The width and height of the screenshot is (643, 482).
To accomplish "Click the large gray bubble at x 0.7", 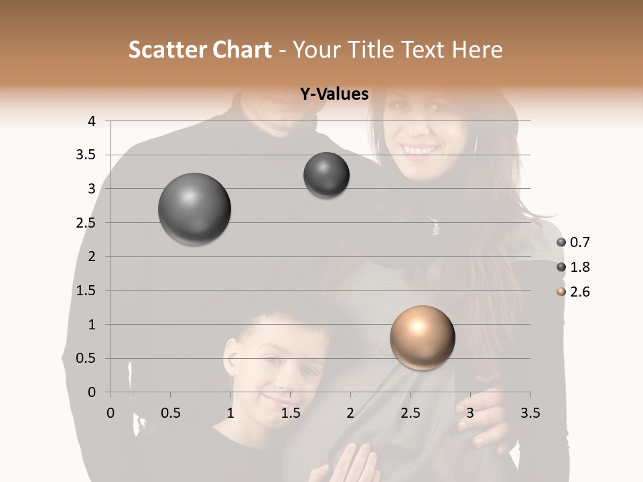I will [194, 209].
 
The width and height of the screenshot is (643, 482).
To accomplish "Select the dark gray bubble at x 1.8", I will [326, 175].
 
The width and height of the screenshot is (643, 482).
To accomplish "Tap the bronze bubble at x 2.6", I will [422, 337].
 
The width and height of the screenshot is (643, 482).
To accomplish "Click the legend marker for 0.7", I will [561, 242].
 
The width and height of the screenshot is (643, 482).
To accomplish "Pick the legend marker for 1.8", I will [561, 267].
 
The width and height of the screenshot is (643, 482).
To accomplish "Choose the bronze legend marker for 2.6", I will [561, 292].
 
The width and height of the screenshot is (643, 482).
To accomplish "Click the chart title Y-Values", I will [334, 94].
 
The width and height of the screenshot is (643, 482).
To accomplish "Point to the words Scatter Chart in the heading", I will [200, 50].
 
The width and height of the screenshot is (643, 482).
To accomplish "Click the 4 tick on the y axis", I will [92, 121].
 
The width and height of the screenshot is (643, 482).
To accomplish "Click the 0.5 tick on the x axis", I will [170, 413].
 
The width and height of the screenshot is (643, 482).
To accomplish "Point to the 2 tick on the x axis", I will [350, 413].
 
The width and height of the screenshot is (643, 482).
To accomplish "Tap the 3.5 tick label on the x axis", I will [530, 413].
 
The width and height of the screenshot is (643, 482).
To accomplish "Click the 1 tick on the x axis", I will [230, 413].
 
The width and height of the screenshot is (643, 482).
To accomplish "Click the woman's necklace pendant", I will [436, 228].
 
